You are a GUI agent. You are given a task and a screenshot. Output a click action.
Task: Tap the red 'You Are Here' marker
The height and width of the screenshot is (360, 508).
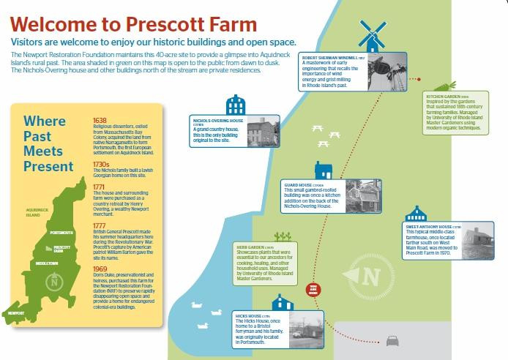pos(313,289)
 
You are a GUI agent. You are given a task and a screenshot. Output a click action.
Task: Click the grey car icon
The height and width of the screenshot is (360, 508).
pos(393,340)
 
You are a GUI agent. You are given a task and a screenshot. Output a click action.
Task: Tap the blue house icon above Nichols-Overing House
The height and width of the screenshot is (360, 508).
pos(234,105)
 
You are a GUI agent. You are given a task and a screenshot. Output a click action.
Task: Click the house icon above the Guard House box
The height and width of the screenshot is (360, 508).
pos(323,171)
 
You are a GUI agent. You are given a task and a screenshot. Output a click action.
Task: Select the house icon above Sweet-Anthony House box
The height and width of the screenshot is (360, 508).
pos(417,214)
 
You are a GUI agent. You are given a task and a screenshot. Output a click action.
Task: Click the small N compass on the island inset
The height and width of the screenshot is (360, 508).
pos(53,280)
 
